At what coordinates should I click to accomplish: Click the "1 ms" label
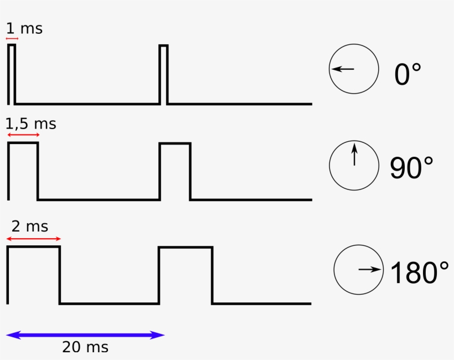coord(24,29)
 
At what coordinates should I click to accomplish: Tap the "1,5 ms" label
coord(30,124)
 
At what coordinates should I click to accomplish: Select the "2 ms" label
coord(30,226)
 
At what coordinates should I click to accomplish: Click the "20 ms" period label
coord(85,347)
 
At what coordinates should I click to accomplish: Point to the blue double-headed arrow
coord(85,335)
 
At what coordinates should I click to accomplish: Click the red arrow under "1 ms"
coord(12,38)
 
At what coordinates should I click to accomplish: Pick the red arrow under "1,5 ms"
coord(23,135)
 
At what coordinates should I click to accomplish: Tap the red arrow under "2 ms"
coord(34,239)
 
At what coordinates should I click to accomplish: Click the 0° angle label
coord(407,74)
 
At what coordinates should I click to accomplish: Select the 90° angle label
coord(411,168)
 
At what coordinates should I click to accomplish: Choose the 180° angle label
coord(420,272)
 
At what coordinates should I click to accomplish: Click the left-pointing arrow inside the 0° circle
coord(343,69)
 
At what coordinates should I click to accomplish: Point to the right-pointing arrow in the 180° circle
coord(370,269)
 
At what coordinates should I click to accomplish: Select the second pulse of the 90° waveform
coord(175,143)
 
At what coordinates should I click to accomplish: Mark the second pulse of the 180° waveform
coord(185,247)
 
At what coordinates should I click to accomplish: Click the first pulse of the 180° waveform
coord(33,247)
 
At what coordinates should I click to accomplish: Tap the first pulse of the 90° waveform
coord(23,143)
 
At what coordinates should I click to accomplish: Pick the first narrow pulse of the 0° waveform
coord(12,45)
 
